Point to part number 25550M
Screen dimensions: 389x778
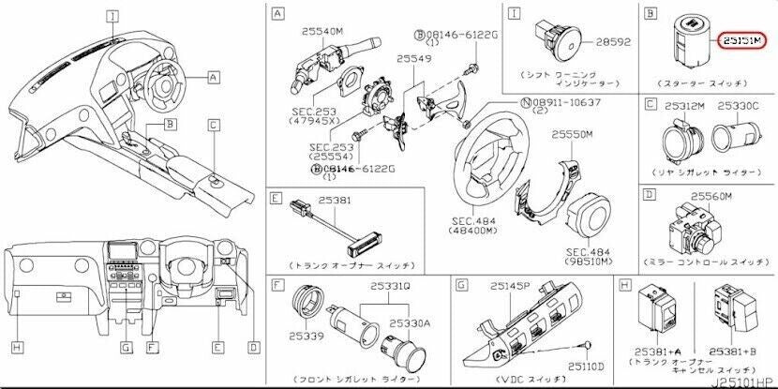[573, 135]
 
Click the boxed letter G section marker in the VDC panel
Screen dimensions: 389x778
[462, 283]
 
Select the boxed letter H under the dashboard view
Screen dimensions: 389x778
[16, 348]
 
